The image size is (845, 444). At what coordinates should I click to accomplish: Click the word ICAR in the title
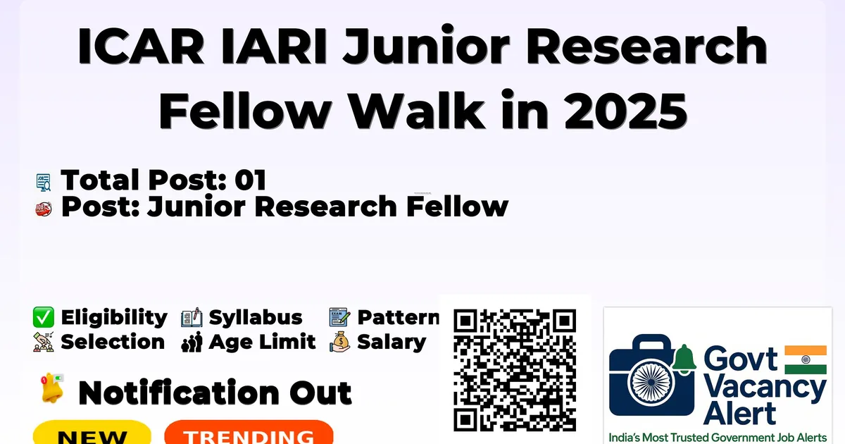(x=141, y=47)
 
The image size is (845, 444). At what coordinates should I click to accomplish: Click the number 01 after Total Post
(x=251, y=180)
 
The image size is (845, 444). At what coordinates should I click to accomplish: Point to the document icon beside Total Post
(x=44, y=182)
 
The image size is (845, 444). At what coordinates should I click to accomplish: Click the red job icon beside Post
(x=44, y=209)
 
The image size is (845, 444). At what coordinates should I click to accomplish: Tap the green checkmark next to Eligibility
(x=44, y=317)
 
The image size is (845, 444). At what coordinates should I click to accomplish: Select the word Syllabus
(x=256, y=318)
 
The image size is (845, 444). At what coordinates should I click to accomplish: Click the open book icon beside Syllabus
(x=192, y=318)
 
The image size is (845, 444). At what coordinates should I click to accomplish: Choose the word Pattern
(x=399, y=317)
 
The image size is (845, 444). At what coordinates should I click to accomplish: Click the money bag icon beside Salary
(x=340, y=342)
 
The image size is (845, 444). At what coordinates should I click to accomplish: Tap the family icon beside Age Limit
(x=192, y=342)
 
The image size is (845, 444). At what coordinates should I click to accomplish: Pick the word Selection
(x=113, y=342)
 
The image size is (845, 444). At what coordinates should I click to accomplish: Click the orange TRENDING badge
(x=249, y=433)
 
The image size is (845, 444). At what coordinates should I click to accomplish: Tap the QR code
(x=515, y=370)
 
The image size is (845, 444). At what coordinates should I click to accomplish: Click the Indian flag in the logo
(x=806, y=359)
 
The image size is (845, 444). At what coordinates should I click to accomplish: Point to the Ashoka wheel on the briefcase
(x=651, y=382)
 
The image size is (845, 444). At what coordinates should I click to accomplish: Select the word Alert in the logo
(x=740, y=414)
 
